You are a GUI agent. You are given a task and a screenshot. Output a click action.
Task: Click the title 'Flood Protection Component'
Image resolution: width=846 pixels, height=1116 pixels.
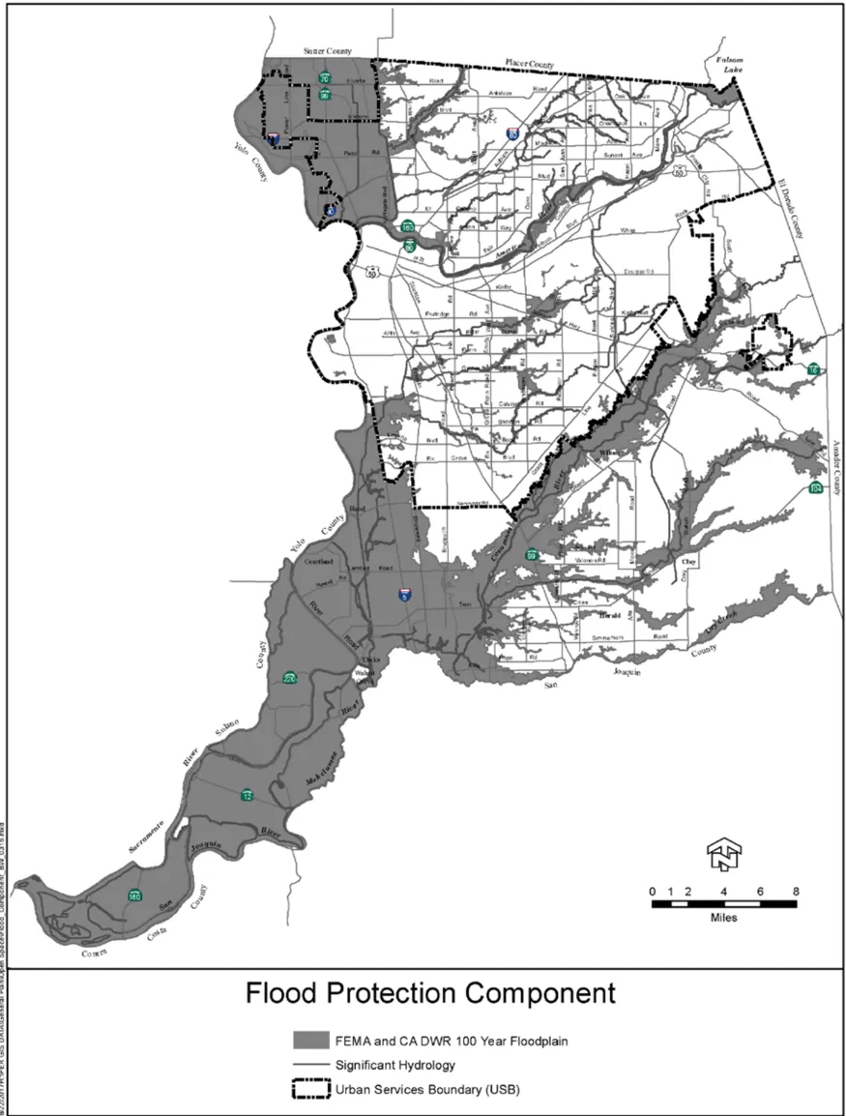pyautogui.click(x=429, y=993)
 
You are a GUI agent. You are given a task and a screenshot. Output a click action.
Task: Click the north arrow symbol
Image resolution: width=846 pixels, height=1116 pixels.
pyautogui.click(x=722, y=852)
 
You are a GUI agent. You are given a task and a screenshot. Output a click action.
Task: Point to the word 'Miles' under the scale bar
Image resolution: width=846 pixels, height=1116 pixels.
pyautogui.click(x=722, y=917)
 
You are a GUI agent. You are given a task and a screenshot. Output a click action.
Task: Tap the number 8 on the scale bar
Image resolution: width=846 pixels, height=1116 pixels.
pyautogui.click(x=795, y=890)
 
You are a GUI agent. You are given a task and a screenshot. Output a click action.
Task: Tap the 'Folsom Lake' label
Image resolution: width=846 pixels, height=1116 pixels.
pyautogui.click(x=726, y=65)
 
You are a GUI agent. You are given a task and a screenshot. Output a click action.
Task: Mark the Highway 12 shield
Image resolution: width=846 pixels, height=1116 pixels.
pyautogui.click(x=248, y=795)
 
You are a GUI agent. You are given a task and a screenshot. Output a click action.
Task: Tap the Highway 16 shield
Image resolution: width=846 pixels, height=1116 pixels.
pyautogui.click(x=814, y=369)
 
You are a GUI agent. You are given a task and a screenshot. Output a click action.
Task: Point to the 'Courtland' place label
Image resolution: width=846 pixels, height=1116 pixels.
pyautogui.click(x=319, y=561)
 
